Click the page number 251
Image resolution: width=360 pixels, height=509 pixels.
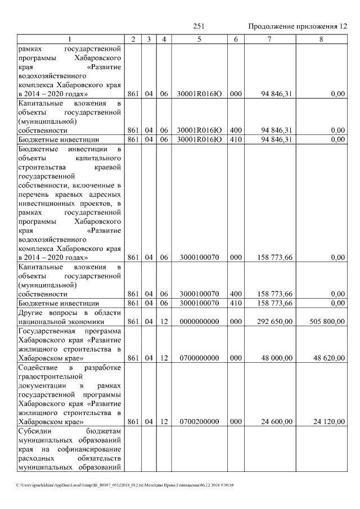pyautogui.click(x=199, y=26)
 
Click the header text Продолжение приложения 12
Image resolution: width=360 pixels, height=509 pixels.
pyautogui.click(x=297, y=26)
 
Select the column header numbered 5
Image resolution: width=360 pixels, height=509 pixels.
pyautogui.click(x=199, y=39)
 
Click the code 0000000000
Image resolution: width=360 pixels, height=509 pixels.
pyautogui.click(x=199, y=322)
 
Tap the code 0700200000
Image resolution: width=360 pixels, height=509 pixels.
pyautogui.click(x=199, y=421)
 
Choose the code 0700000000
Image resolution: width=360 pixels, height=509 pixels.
pyautogui.click(x=199, y=358)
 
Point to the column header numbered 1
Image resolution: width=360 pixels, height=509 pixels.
pyautogui.click(x=69, y=39)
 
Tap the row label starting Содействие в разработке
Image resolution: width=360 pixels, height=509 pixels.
pyautogui.click(x=69, y=394)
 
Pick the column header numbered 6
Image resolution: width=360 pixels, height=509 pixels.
pyautogui.click(x=236, y=39)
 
